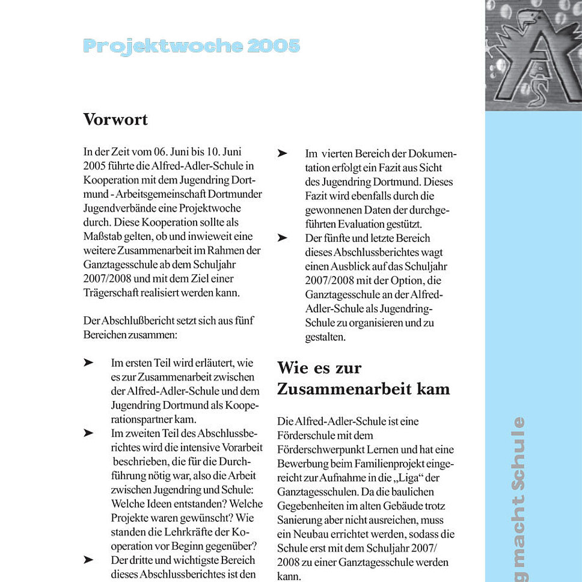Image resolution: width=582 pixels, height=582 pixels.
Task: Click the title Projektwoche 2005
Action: tap(191, 46)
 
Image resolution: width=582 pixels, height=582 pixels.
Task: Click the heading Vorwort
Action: tap(115, 119)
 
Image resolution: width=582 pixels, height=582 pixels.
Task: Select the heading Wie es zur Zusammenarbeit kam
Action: tap(363, 378)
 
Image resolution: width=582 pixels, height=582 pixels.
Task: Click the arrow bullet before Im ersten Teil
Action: tap(88, 363)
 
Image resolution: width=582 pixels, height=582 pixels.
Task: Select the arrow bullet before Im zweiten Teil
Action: tap(88, 433)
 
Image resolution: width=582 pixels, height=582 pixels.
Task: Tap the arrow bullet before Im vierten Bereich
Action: tap(282, 154)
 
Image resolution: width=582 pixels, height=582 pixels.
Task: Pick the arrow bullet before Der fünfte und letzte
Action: tap(282, 238)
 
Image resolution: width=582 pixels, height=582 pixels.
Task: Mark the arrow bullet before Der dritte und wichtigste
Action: tap(88, 560)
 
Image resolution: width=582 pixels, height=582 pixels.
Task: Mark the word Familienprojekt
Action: tap(373, 464)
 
